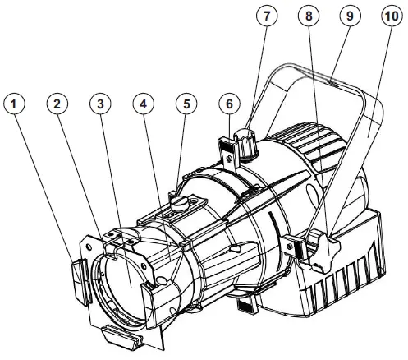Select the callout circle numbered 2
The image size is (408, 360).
coord(57,105)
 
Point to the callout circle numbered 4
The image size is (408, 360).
coord(144,105)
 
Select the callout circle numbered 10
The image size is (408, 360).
coord(391,17)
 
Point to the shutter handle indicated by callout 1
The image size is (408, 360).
coord(77,276)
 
